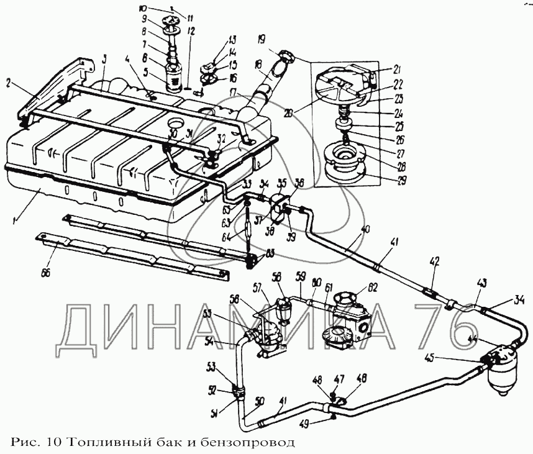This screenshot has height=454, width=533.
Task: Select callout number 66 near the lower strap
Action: (45, 273)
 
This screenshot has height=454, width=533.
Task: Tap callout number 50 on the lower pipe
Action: (259, 401)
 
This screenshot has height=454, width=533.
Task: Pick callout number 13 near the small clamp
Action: (215, 37)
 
